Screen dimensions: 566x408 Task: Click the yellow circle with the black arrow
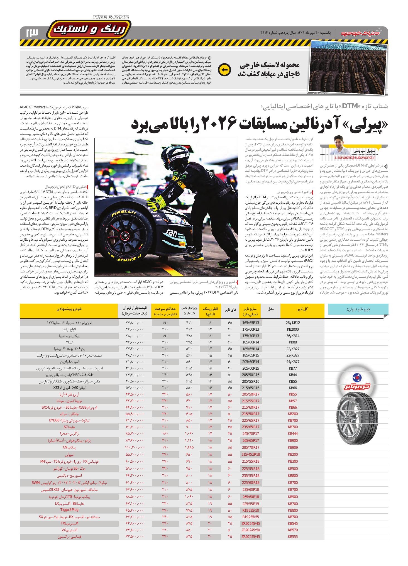click(224, 70)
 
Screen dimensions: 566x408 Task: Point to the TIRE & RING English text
click(111, 17)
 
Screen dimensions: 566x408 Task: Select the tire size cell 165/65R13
click(250, 323)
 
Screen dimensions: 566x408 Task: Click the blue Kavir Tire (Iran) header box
click(358, 309)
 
